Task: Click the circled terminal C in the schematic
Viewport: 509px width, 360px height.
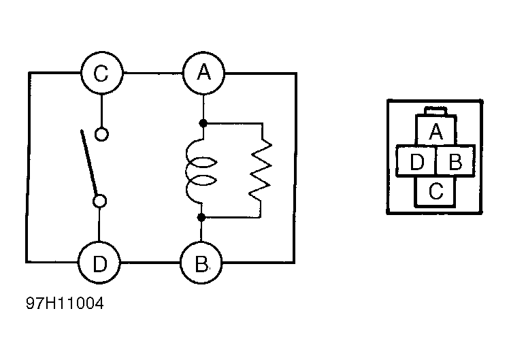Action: tap(101, 73)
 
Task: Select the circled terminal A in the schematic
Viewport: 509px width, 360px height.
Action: tap(203, 73)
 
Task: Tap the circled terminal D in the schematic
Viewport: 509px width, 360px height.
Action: tap(99, 263)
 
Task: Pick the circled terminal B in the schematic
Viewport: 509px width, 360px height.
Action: tap(201, 263)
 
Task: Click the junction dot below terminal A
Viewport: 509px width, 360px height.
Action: tap(203, 123)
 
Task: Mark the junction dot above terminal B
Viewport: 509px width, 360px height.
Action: tap(201, 217)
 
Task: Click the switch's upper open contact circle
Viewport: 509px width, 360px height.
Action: tap(101, 134)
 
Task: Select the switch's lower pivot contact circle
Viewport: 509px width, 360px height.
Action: tap(99, 201)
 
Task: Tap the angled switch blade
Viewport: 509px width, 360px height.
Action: tap(88, 163)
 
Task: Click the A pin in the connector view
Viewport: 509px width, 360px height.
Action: tap(436, 131)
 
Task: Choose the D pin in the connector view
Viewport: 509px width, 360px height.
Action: tap(416, 161)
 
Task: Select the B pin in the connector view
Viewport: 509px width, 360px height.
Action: tap(455, 161)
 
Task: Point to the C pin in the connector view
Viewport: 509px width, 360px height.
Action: tap(436, 191)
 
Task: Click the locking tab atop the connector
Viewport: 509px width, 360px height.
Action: tap(436, 111)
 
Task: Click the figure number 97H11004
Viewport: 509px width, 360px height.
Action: tap(65, 304)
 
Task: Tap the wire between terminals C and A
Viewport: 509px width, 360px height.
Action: tap(152, 73)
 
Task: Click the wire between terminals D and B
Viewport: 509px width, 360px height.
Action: tap(150, 262)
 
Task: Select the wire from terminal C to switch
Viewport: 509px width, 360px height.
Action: tap(101, 111)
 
